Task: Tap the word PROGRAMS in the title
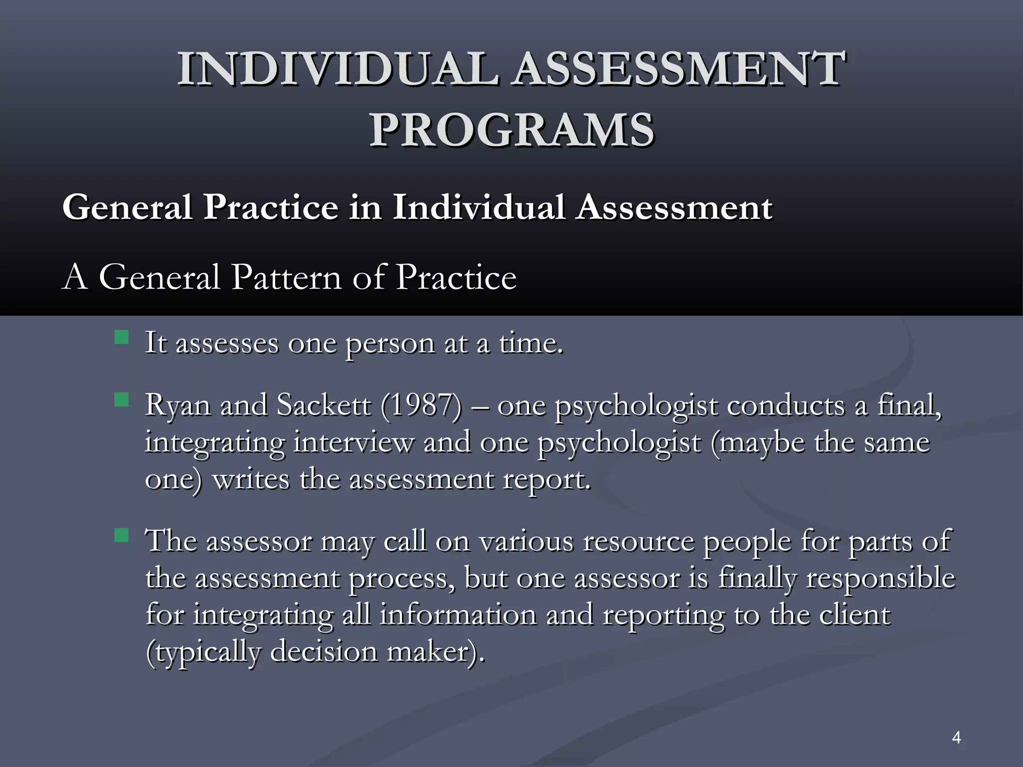tap(511, 130)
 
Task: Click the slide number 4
tap(957, 738)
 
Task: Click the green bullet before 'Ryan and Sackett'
tap(121, 399)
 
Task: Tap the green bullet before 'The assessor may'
tap(121, 536)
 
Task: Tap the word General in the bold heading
tap(127, 207)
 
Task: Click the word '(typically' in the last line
tap(203, 653)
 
